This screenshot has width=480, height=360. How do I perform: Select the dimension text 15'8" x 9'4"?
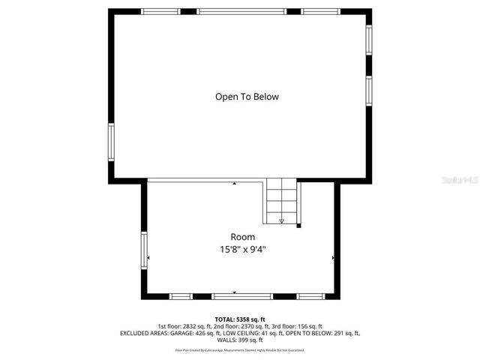click(x=241, y=249)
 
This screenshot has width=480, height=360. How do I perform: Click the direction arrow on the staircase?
click(x=281, y=220)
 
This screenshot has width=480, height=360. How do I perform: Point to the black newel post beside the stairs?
click(x=298, y=225)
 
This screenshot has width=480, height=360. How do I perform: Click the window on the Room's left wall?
click(x=144, y=250)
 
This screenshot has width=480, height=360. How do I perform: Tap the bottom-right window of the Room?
click(x=310, y=296)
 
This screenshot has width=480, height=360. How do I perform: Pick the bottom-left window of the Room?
click(x=180, y=296)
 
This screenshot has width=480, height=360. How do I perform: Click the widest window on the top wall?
click(x=241, y=12)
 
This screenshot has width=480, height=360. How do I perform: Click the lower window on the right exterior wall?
click(x=368, y=89)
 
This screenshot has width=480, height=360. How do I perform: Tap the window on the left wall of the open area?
click(x=111, y=142)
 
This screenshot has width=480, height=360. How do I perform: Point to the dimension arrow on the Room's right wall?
click(x=333, y=257)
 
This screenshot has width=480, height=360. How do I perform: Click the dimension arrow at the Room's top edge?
click(x=235, y=183)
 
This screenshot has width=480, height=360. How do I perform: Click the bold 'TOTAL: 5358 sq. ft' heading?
click(x=239, y=319)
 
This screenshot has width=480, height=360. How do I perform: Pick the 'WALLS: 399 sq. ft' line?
click(x=239, y=340)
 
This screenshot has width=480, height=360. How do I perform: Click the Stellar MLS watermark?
click(x=460, y=180)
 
